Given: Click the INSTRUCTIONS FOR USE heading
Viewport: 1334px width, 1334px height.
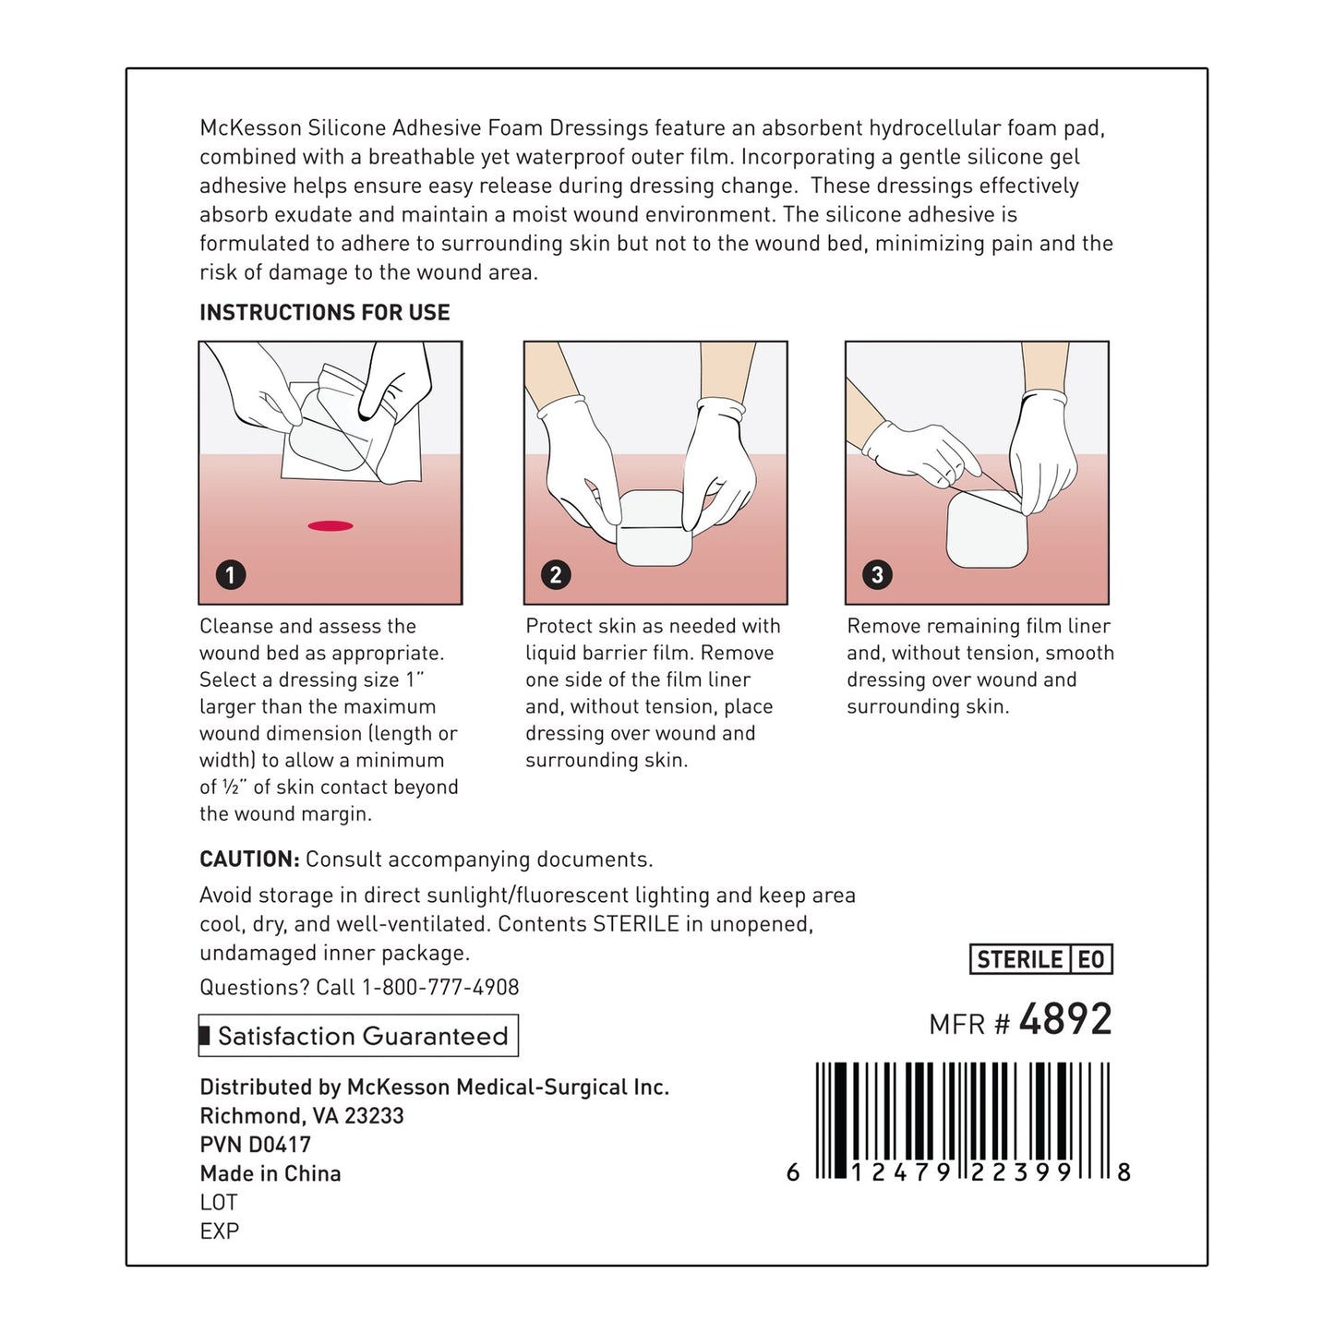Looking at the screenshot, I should (324, 313).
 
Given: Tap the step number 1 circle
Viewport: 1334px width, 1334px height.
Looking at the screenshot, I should (230, 575).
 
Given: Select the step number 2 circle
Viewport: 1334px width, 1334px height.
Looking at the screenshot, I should (555, 575).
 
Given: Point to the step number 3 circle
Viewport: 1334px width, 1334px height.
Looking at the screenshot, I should (876, 575).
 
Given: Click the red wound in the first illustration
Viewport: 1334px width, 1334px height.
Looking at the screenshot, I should (330, 526).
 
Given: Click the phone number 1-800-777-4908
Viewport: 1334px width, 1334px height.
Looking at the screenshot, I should (440, 987).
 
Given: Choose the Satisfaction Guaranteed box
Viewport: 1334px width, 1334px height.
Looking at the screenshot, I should (359, 1036).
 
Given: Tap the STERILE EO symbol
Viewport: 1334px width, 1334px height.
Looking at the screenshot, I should (1041, 960).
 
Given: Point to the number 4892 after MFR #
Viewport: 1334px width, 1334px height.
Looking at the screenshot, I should (1065, 1020).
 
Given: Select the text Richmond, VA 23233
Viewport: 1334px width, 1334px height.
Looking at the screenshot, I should (302, 1116).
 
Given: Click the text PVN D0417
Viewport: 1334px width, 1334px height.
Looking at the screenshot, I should (256, 1145).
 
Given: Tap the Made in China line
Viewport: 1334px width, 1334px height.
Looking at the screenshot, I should (270, 1173).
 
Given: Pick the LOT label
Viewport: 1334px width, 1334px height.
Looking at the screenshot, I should (219, 1202).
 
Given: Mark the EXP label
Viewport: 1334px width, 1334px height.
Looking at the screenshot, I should (220, 1232).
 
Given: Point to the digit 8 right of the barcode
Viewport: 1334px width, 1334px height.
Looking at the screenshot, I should (1124, 1172).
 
